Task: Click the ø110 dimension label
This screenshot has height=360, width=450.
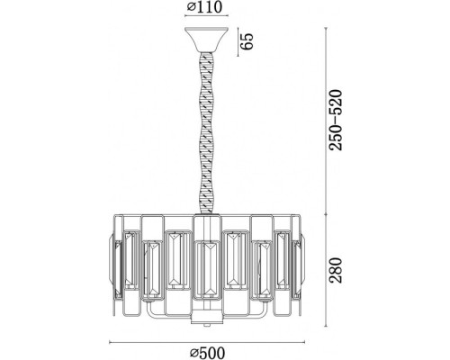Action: tap(205, 7)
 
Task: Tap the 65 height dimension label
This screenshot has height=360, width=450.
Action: tap(249, 40)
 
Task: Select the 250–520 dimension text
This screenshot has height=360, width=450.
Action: tap(336, 120)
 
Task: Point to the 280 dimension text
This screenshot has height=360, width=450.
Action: tap(336, 270)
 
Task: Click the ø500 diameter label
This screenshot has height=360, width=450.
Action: tap(207, 353)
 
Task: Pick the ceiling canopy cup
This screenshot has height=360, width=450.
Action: tap(207, 40)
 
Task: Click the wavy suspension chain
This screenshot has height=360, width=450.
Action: tap(207, 132)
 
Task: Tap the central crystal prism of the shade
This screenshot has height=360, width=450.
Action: tap(208, 270)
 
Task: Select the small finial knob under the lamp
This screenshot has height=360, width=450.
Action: tap(207, 325)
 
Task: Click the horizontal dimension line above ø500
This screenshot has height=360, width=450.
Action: tap(207, 342)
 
